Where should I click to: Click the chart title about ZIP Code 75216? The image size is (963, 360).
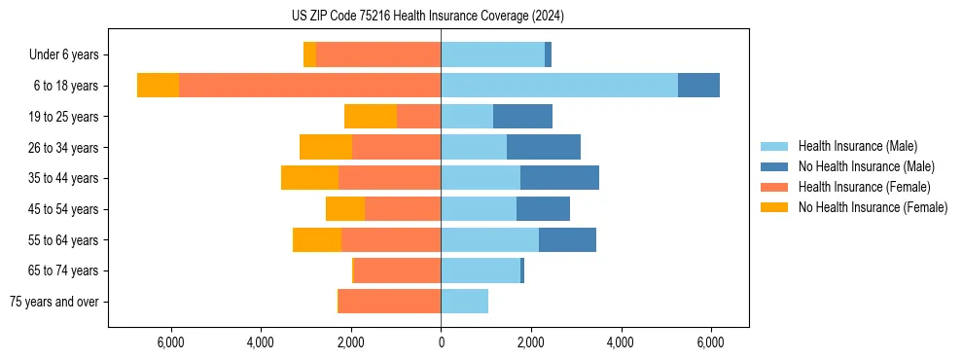pos(442,17)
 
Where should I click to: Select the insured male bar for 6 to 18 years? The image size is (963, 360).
pos(559,85)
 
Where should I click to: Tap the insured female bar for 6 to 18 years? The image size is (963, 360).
pos(309,85)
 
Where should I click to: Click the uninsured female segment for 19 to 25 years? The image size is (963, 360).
pos(371,116)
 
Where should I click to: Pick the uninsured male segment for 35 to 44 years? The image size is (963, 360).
pos(559,178)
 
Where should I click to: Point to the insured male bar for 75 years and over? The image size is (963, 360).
pos(464,302)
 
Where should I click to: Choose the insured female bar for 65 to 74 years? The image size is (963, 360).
pos(397,270)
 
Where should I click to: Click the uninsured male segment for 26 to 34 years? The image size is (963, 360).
pos(544,147)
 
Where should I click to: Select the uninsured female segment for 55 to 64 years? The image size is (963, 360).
pos(317,239)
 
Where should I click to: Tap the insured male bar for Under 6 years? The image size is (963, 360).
pos(492,54)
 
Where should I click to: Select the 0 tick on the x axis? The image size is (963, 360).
pos(441,342)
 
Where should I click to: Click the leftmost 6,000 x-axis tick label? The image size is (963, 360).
pos(171,342)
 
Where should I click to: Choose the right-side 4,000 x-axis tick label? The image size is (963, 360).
pos(620,342)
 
